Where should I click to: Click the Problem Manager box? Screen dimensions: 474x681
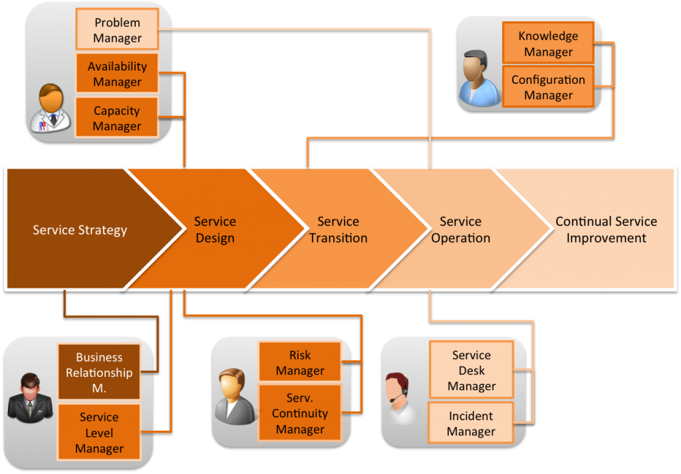tap(117, 30)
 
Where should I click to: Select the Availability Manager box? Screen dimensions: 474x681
tap(117, 74)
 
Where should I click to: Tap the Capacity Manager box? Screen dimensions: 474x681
tap(117, 118)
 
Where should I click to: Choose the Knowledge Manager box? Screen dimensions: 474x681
tap(548, 44)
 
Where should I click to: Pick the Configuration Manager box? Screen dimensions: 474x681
tap(548, 87)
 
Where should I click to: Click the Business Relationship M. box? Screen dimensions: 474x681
tap(99, 372)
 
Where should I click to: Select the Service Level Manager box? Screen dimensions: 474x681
tap(99, 433)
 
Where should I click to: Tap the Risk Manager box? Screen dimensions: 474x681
tap(300, 363)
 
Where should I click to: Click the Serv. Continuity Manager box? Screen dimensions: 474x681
tap(300, 413)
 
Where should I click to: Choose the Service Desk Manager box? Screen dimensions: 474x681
tap(471, 370)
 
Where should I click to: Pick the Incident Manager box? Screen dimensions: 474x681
tap(471, 423)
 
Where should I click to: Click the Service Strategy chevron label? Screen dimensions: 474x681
tap(80, 230)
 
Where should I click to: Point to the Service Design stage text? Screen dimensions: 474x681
tap(215, 229)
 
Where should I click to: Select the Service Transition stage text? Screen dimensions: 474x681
tap(338, 229)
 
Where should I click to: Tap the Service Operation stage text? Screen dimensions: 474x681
tap(460, 229)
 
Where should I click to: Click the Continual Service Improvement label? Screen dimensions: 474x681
tap(606, 229)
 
